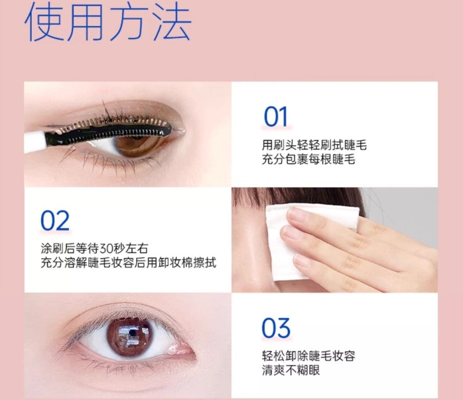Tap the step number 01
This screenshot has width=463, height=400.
276,117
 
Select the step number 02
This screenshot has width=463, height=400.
55,221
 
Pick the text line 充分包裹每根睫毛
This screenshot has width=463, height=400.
308,160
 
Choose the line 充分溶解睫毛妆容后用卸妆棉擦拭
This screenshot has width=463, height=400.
128,263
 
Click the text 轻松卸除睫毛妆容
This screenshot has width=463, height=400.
308,355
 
